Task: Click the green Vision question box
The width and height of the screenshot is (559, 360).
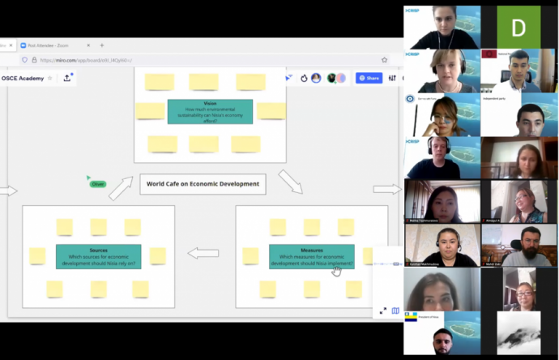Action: tap(210, 111)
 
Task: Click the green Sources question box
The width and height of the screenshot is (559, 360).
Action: tap(98, 256)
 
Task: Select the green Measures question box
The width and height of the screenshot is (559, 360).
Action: tap(311, 256)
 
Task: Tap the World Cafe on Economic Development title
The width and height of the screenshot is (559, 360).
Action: tap(203, 184)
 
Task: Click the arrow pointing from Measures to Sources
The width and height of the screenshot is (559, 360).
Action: tap(203, 253)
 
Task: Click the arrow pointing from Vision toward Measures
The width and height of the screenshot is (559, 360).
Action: tap(290, 182)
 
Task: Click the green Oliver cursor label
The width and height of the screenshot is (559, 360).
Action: tap(98, 184)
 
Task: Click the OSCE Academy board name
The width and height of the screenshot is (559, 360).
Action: tap(23, 78)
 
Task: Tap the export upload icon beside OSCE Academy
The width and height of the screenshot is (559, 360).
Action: tap(66, 78)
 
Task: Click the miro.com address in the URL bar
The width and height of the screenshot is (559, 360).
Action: tap(85, 60)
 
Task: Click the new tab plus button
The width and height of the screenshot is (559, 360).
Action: tap(101, 45)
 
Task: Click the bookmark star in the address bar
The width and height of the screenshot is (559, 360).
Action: tap(384, 60)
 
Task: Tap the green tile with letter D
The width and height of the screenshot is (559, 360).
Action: tap(518, 27)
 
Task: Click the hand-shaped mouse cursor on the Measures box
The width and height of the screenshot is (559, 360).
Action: tap(337, 270)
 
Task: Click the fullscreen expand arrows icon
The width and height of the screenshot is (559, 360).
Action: tap(383, 311)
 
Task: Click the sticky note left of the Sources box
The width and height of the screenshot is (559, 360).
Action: tap(37, 255)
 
